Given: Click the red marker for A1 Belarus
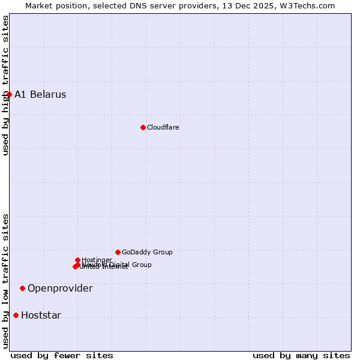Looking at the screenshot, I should pos(9,94).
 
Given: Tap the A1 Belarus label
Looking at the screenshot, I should pos(40,95).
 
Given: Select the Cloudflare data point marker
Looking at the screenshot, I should pos(143,127).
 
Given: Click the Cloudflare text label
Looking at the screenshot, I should pos(163,127).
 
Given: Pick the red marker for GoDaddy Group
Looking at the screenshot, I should pos(118,252).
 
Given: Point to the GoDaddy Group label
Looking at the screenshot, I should pos(147,252).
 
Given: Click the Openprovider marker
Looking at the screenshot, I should pos(22,288).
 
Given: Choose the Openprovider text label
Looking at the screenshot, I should pos(60,289).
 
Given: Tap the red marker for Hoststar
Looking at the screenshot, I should pos(16,315).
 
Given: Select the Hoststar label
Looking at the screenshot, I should pos(41,316).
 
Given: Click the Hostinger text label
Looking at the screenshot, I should pos(97,260).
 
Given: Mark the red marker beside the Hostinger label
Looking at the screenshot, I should pos(77,260).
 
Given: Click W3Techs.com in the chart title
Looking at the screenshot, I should pos(306,5).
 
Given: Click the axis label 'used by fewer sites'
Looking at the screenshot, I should pos(62,355).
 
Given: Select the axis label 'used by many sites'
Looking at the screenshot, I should pos(301,355).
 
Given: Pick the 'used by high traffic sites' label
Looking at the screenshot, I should pos(5,85).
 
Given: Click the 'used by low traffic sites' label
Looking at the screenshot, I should pos(5,281).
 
